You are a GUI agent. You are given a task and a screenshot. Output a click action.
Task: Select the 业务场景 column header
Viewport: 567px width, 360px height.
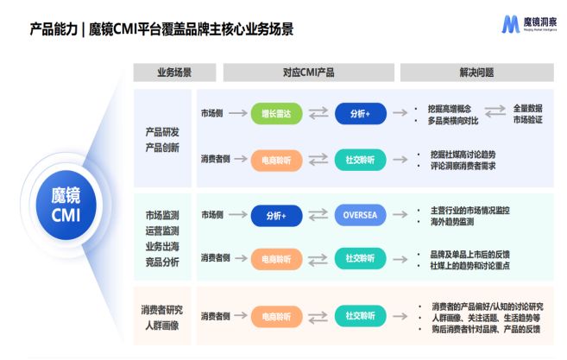click(173, 73)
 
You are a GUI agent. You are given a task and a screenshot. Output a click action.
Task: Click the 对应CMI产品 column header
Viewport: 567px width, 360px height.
click(308, 73)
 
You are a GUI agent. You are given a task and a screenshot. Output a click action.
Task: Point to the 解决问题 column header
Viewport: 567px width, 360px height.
click(476, 73)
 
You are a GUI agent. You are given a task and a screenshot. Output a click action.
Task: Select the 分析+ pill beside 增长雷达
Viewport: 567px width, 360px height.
click(360, 113)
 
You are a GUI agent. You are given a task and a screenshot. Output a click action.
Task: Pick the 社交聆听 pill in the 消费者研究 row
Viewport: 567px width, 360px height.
click(360, 316)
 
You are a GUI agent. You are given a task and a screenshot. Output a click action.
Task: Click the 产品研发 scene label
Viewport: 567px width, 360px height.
click(162, 132)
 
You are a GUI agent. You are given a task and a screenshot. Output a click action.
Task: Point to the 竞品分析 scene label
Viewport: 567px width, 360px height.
click(162, 262)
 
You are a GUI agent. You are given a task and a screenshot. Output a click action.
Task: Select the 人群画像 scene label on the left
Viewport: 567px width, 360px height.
click(162, 325)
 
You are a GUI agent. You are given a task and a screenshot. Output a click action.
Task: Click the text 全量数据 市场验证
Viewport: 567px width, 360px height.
click(528, 113)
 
